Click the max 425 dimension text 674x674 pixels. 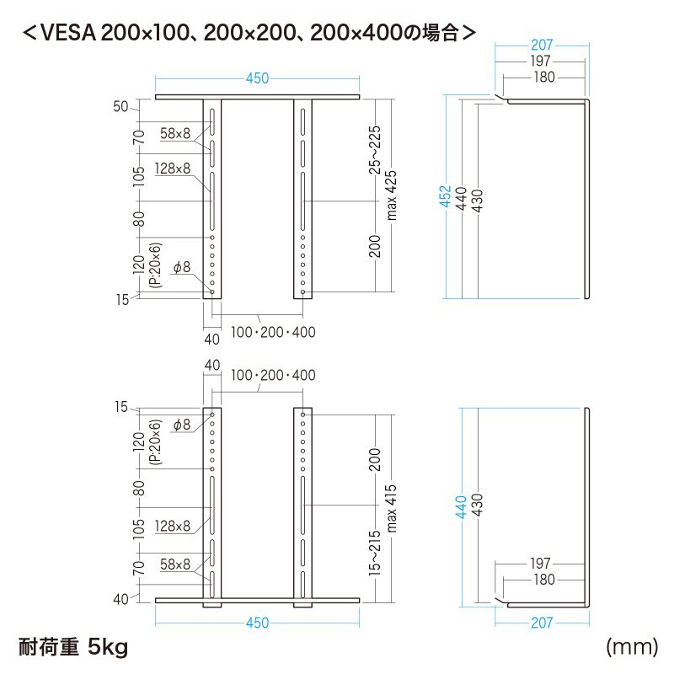391,195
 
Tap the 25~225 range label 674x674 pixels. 375,149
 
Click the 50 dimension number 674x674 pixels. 120,107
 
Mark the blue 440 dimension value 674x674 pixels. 461,505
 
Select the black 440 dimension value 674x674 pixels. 462,198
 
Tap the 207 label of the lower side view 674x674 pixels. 541,623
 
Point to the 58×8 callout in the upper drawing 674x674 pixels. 176,132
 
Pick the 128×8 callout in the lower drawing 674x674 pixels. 173,526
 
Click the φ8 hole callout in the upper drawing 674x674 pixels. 182,268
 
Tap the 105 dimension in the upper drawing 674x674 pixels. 140,174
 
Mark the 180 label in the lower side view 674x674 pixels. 544,580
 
